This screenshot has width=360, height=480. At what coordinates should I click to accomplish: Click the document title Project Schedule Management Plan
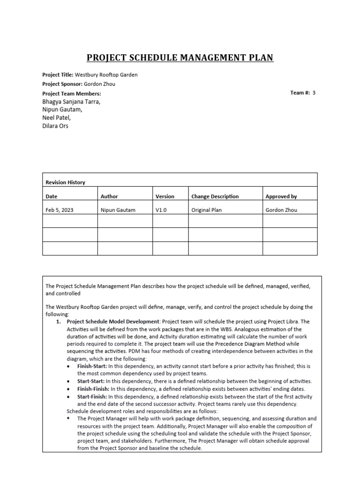tap(180, 58)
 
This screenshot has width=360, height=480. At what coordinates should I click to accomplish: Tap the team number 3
tap(314, 93)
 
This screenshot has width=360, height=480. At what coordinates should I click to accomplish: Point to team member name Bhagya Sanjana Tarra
tap(71, 102)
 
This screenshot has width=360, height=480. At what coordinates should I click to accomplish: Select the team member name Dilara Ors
tap(55, 126)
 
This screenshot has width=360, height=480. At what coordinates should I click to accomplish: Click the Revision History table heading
tap(65, 182)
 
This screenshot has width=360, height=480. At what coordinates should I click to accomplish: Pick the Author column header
tap(109, 196)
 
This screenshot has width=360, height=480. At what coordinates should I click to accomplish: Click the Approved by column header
tap(281, 196)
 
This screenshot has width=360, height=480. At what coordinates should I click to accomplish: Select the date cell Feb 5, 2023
tap(59, 210)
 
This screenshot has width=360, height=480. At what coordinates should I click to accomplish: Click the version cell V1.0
tap(161, 210)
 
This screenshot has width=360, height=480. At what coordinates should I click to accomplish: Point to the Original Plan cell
tap(207, 210)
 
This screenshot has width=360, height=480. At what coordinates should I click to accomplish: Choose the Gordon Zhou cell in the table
tap(281, 210)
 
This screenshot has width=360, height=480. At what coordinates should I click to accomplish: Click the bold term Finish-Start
tap(92, 366)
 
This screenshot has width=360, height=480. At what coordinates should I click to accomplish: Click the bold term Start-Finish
tap(92, 396)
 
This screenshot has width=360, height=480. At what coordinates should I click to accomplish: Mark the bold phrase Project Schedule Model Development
tap(113, 322)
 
